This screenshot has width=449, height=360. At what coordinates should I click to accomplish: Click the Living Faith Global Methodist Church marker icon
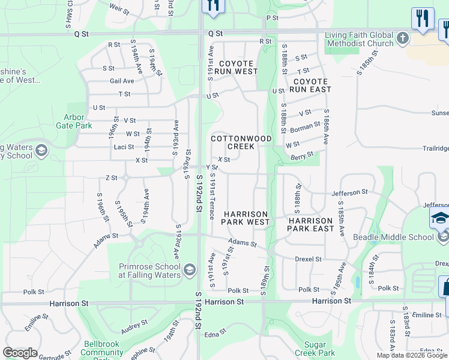[x=403, y=38]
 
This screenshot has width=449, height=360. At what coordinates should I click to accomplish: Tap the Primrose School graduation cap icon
[x=190, y=268]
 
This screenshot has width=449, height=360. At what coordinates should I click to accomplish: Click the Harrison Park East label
[x=310, y=224]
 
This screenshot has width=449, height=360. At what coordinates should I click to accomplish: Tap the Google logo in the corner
[x=20, y=353]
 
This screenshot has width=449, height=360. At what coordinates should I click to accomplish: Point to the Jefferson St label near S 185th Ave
[x=349, y=192]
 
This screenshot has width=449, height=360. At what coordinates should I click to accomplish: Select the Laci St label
[x=124, y=147]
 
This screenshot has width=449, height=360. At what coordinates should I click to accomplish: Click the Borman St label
[x=304, y=127]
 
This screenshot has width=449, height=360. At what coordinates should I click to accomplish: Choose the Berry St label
[x=302, y=155]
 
